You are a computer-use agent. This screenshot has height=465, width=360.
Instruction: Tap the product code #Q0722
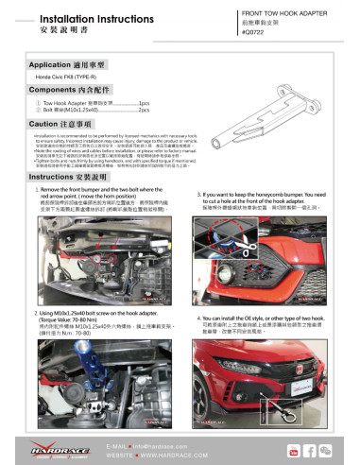coord(256,32)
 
